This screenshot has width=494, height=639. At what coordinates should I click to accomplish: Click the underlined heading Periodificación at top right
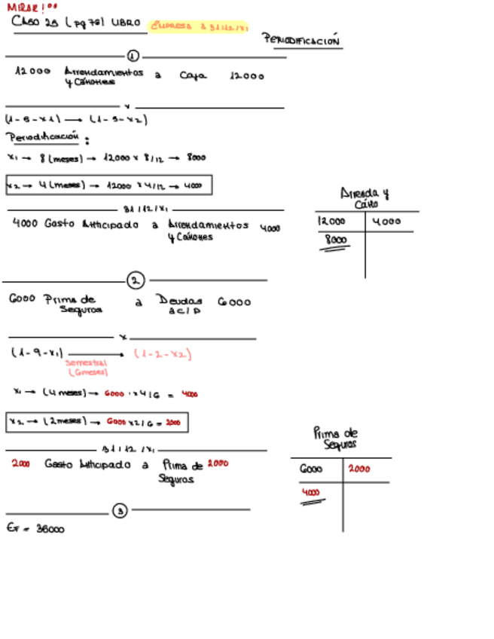[x=301, y=41]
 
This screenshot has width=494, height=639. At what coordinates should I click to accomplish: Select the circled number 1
[x=133, y=56]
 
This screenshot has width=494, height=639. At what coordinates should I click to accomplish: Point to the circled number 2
[x=136, y=281]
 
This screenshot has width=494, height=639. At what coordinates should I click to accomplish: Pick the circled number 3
[x=120, y=511]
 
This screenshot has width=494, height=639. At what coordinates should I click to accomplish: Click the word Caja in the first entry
[x=193, y=75]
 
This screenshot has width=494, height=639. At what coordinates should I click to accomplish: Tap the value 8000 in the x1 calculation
[x=197, y=158]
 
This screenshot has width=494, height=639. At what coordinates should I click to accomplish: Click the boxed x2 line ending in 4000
[x=108, y=185]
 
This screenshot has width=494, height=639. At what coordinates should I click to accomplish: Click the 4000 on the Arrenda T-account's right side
[x=387, y=222]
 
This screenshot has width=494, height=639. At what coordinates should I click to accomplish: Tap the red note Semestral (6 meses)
[x=87, y=367]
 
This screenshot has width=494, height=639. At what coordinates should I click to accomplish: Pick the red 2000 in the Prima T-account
[x=358, y=469]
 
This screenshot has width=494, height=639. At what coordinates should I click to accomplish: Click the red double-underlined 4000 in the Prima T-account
[x=310, y=494]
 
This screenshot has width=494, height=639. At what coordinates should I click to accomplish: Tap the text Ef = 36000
[x=35, y=529]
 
